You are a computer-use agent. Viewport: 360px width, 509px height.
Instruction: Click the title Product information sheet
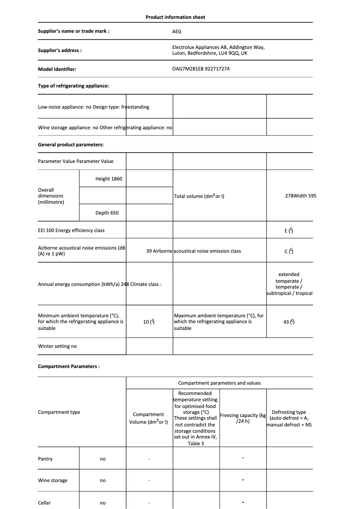(x=175, y=17)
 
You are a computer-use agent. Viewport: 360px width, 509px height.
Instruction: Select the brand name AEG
(x=177, y=31)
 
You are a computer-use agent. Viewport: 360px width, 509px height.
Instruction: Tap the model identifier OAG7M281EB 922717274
(x=201, y=69)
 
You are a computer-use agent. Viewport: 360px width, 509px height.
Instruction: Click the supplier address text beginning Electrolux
(x=218, y=50)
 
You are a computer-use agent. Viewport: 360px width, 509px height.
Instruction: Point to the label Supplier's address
(x=60, y=50)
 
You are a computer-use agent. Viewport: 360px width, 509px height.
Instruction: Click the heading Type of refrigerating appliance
(x=73, y=86)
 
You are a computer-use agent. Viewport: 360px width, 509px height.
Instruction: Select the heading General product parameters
(x=70, y=145)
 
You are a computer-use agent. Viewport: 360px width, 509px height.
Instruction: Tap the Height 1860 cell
(x=109, y=179)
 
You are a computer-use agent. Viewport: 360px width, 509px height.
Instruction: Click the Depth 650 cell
(x=107, y=213)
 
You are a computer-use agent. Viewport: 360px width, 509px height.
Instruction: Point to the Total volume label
(x=199, y=196)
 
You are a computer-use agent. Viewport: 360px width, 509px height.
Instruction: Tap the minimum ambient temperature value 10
(x=149, y=322)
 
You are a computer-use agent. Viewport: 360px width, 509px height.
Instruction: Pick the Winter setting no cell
(x=57, y=346)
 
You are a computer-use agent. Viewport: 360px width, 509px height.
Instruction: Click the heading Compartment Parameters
(x=69, y=366)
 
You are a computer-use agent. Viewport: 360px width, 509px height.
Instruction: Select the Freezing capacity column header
(x=243, y=418)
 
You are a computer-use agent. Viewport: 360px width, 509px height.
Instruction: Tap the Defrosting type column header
(x=289, y=418)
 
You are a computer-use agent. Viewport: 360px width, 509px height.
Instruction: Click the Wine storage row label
(x=53, y=480)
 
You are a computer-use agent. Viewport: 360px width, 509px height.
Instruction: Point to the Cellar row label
(x=44, y=503)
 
